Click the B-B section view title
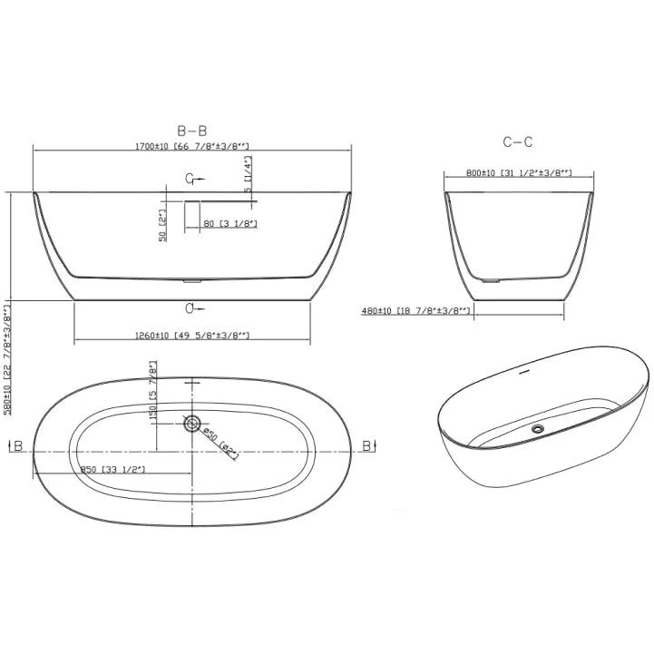pos(196,131)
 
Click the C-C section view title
pos(517,142)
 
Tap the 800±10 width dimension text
pos(518,173)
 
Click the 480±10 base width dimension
pos(416,311)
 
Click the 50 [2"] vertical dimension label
pos(163,223)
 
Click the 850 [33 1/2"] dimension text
pos(112,469)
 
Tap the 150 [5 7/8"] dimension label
pos(153,391)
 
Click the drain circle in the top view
pos(192,423)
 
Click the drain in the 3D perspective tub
pos(538,427)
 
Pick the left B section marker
pos(17,445)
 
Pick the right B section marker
pos(367,444)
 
